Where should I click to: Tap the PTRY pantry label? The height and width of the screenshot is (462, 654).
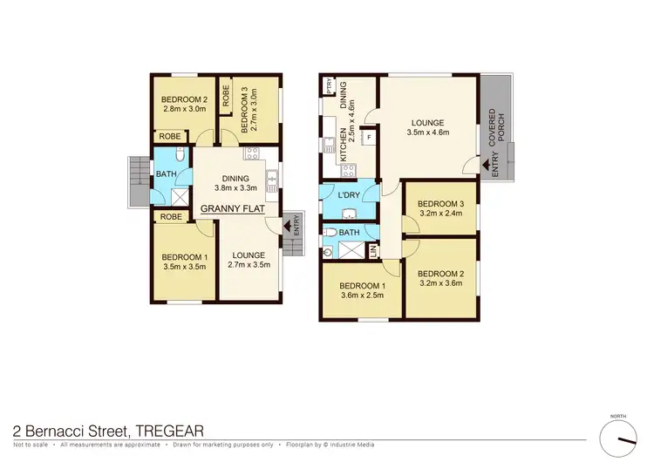pos(329,86)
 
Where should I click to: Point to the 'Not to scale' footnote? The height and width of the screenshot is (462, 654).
pos(31,445)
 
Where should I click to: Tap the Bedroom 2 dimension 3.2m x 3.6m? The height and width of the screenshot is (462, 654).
pos(441,282)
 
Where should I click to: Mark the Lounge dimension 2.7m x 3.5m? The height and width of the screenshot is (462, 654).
pos(249,265)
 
